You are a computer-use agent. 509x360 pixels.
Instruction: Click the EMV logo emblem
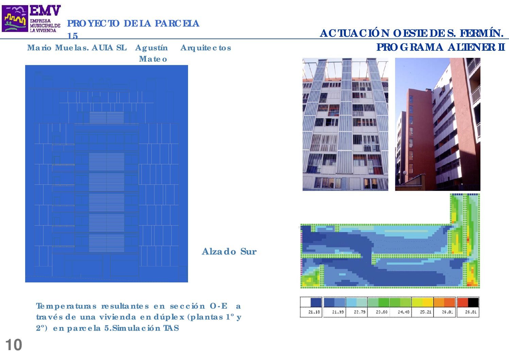click(x=15, y=18)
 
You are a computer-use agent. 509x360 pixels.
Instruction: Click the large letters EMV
click(x=45, y=11)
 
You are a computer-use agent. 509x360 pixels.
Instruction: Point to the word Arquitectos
click(x=206, y=48)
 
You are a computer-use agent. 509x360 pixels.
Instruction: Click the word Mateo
click(x=153, y=59)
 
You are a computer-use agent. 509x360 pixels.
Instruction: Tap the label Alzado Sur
click(x=229, y=251)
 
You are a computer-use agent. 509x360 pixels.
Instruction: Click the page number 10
click(x=14, y=345)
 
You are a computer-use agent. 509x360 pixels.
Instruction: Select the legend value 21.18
click(x=314, y=312)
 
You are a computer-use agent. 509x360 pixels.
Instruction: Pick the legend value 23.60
click(x=381, y=312)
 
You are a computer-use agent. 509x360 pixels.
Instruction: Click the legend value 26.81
click(x=471, y=312)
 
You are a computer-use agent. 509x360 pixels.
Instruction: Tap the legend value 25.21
click(x=426, y=312)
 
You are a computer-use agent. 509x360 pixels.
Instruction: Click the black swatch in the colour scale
click(x=473, y=302)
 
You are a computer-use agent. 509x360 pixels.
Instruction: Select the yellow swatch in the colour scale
click(x=428, y=302)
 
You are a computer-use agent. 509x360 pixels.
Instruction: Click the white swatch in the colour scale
click(x=305, y=302)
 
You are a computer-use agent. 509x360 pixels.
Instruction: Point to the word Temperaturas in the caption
click(x=66, y=306)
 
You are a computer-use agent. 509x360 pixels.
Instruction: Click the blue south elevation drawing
click(x=106, y=174)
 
